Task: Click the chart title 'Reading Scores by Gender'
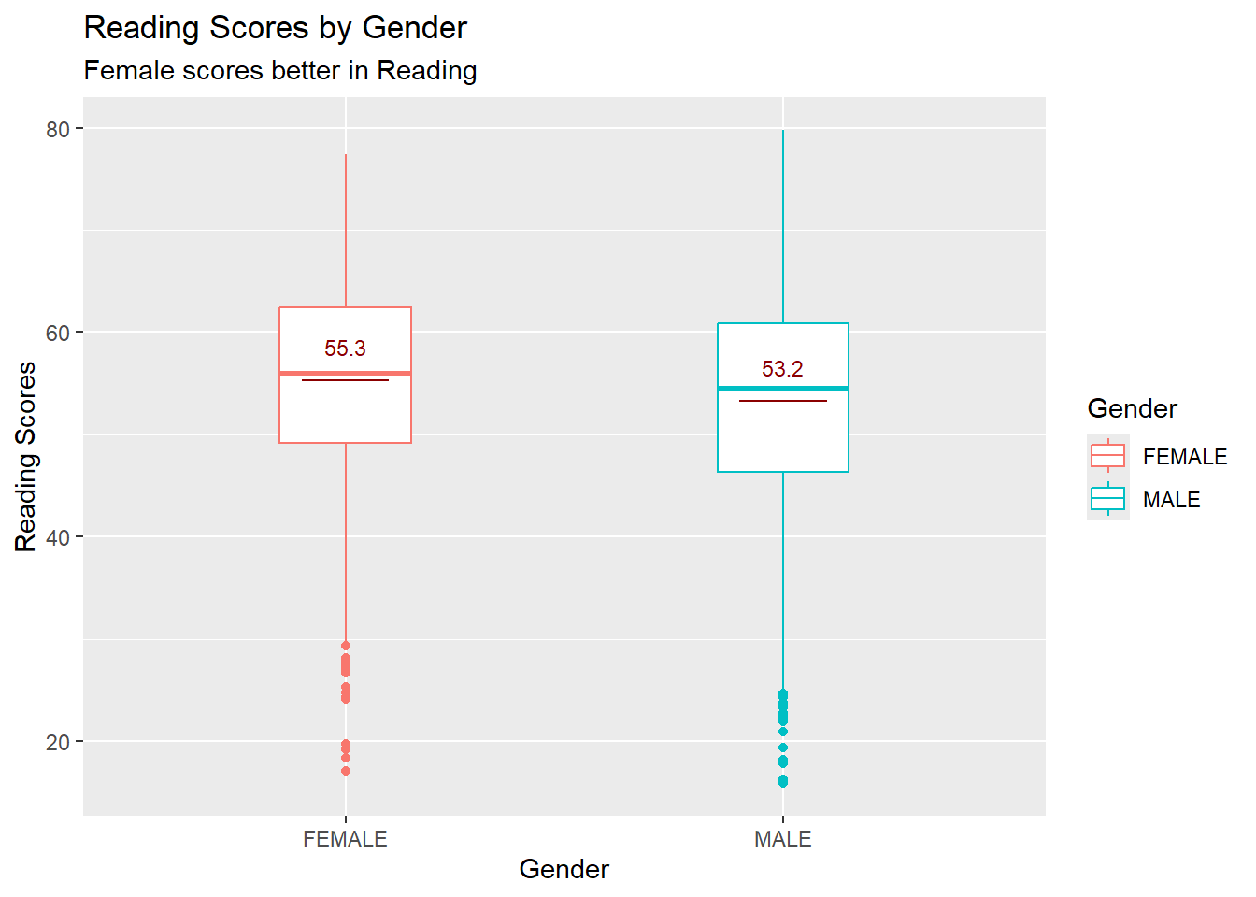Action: (275, 28)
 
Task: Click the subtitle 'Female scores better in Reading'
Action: (280, 71)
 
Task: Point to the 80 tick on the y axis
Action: (58, 129)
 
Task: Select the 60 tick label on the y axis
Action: (58, 334)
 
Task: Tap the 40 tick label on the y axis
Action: (58, 537)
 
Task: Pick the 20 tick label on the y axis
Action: (58, 742)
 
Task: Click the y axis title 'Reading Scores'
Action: (26, 456)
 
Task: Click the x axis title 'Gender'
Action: (564, 869)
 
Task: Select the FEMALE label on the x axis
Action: (345, 839)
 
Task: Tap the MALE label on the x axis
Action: (782, 839)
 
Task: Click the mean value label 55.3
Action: (345, 349)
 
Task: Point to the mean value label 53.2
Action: (782, 369)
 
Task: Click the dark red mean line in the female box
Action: (345, 380)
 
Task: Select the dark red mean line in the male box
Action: (782, 401)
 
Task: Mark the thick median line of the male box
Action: (782, 388)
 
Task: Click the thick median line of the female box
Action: (345, 373)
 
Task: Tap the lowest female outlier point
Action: (346, 771)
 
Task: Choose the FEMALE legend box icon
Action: (1108, 456)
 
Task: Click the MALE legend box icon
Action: (1108, 499)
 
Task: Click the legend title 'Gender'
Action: (1132, 408)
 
